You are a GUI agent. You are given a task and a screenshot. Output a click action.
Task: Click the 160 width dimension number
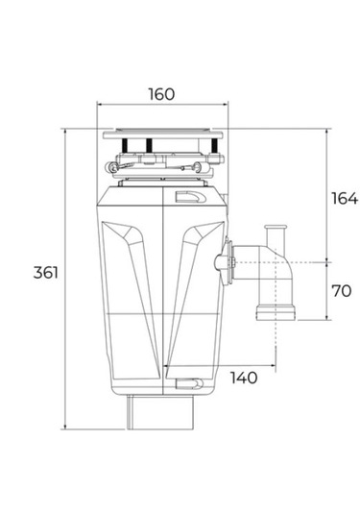click(161, 93)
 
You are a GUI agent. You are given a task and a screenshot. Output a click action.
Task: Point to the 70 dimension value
click(341, 290)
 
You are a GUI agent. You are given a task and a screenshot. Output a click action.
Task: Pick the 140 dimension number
click(245, 378)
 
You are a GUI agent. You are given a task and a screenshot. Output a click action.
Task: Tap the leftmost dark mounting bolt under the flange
click(125, 146)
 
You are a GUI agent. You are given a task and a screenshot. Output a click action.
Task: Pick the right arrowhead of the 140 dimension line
click(278, 366)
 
